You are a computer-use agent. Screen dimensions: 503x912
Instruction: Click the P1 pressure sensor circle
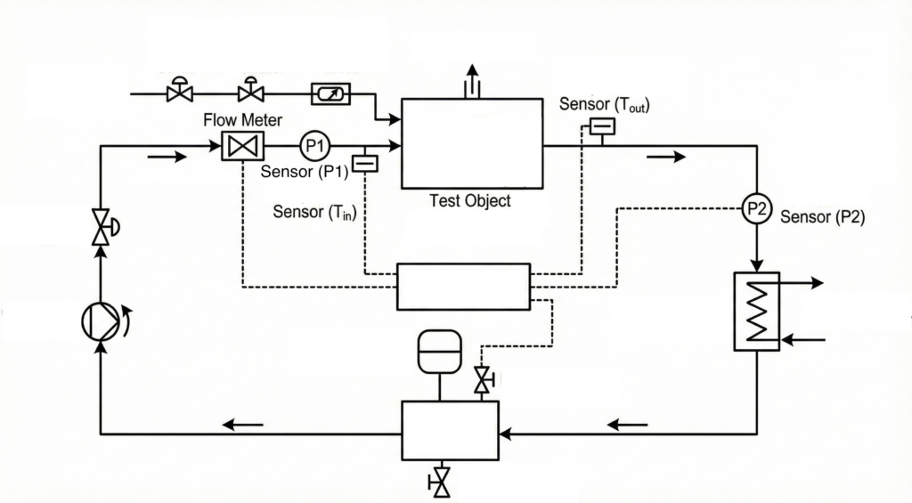[313, 145]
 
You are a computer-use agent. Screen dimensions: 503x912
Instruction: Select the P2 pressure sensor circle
[756, 209]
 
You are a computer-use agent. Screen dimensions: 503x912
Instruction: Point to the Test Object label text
[470, 201]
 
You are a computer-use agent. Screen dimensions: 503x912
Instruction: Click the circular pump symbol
[100, 320]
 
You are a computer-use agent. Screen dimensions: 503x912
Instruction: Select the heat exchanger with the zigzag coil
[756, 312]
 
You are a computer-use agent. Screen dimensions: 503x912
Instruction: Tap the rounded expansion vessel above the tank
[439, 351]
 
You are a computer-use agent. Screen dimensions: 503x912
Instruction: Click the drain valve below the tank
[439, 483]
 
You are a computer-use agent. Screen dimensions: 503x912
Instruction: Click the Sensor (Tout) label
[604, 105]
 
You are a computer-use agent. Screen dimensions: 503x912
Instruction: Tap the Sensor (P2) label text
[822, 216]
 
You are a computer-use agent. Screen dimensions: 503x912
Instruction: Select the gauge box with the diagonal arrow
[330, 92]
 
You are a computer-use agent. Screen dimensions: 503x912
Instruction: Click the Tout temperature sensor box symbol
[602, 126]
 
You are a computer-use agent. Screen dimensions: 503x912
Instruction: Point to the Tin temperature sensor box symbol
[365, 163]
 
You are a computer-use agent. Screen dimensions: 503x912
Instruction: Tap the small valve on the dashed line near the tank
[484, 380]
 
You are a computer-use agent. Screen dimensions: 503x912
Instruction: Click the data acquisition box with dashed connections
[463, 287]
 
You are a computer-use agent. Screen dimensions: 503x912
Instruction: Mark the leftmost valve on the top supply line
[180, 91]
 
